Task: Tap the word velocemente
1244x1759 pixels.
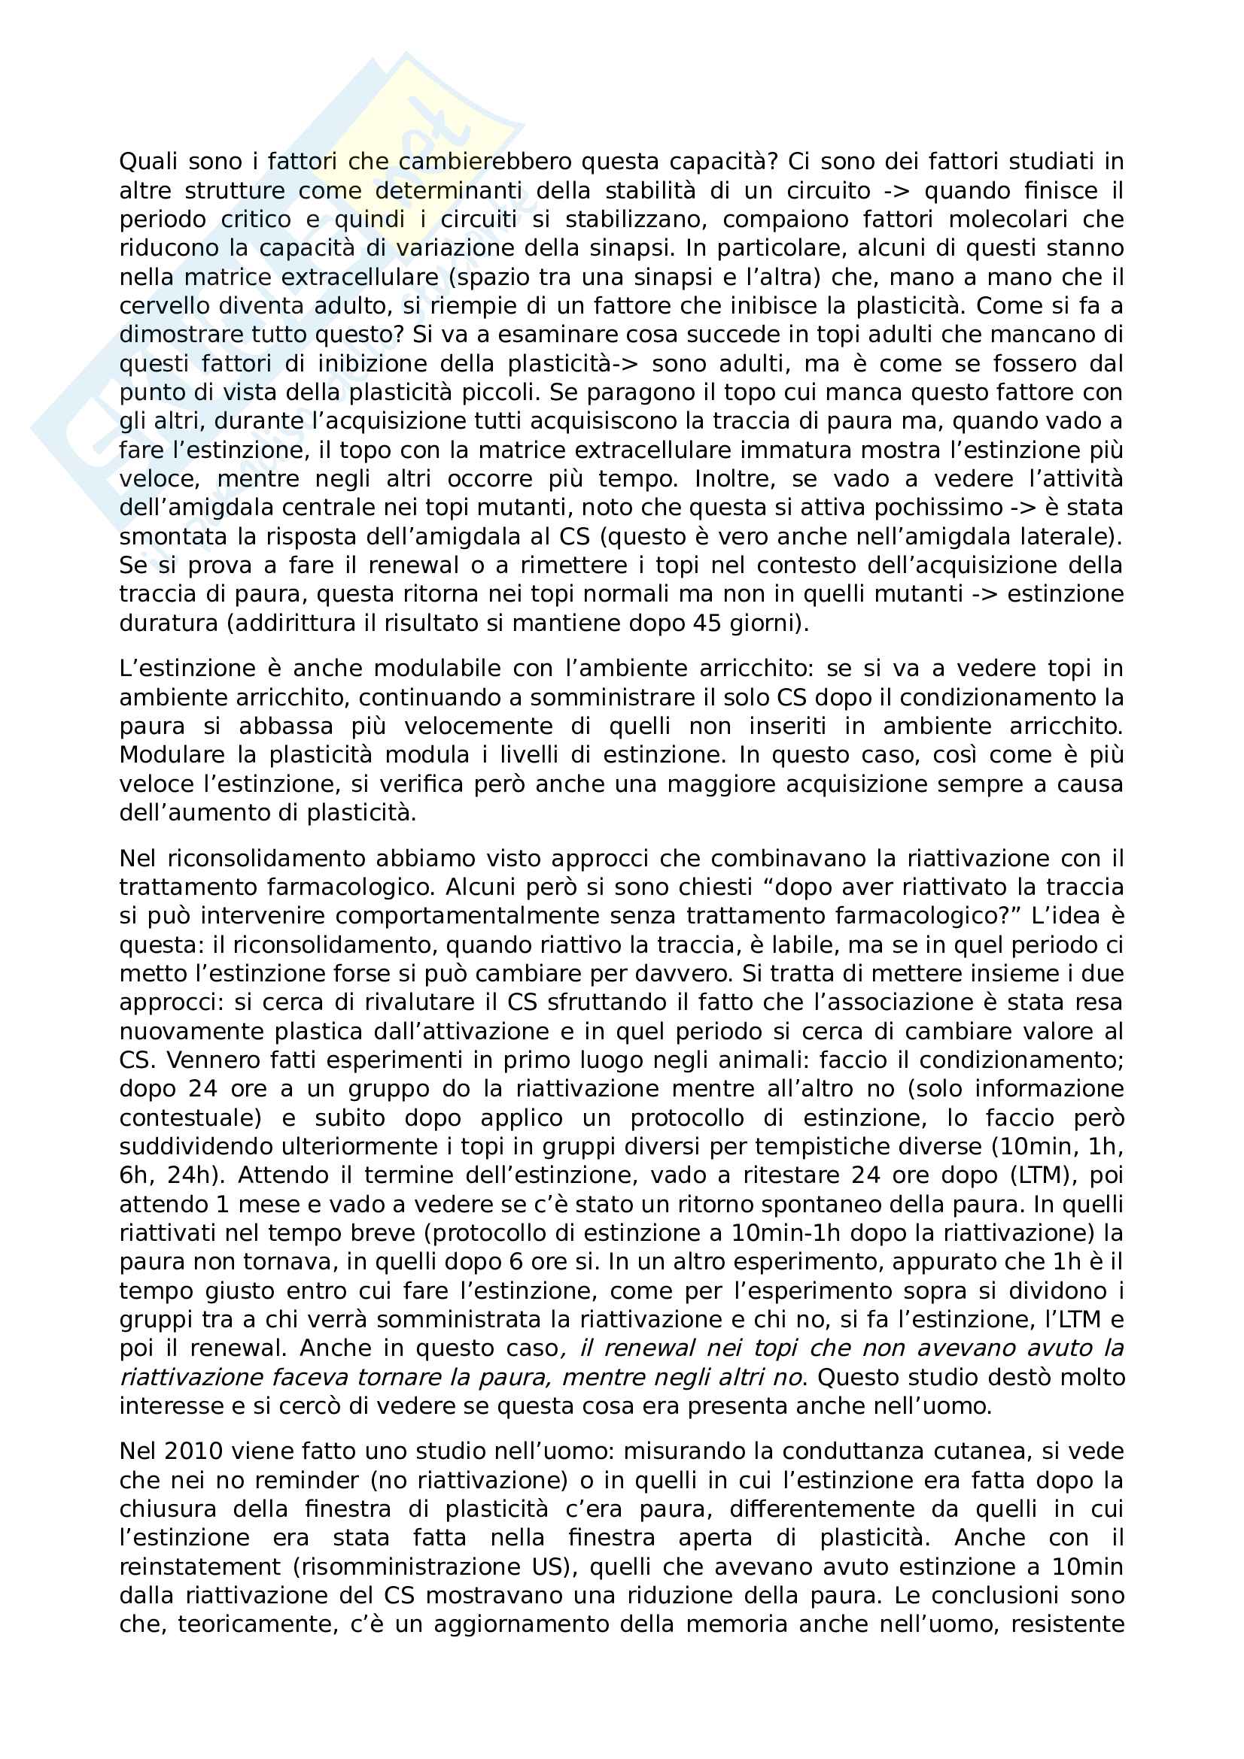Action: [479, 726]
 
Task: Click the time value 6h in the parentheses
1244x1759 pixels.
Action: [137, 1175]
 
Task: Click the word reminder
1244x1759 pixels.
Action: [306, 1479]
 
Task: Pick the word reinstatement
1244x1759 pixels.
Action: [201, 1566]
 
